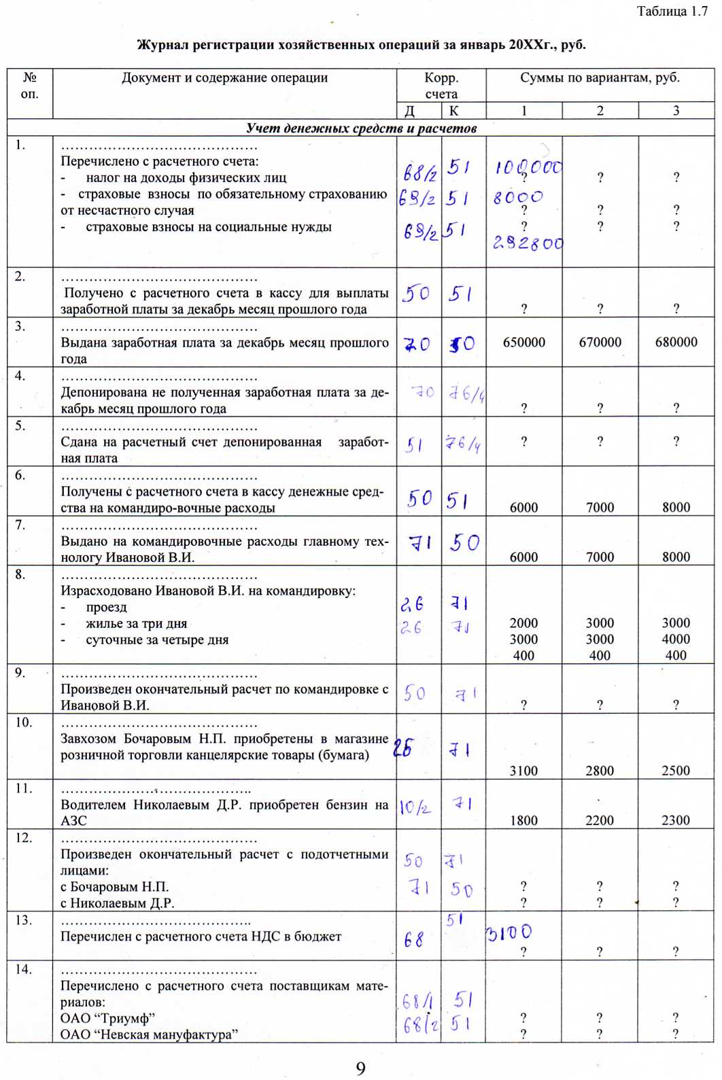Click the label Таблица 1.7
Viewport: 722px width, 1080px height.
tap(672, 12)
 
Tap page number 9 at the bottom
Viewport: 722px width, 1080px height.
tap(360, 1068)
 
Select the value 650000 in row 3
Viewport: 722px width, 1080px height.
tap(523, 343)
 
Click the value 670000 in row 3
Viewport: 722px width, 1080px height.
tap(600, 343)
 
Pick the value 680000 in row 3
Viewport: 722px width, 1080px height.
tap(676, 343)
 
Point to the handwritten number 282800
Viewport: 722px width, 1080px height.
tap(528, 243)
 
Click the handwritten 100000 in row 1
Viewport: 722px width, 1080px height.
tap(528, 167)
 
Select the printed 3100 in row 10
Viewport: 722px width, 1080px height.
tap(523, 771)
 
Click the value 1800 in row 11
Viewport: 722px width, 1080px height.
tap(523, 820)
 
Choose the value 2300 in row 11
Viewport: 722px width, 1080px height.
tap(676, 820)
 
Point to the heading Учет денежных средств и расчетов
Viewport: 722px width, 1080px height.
tap(361, 128)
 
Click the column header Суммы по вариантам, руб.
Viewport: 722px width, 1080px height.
tap(600, 78)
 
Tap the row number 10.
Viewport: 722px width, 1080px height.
tap(24, 722)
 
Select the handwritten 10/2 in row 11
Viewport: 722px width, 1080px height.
tap(415, 807)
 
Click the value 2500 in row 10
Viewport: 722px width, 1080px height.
tap(676, 771)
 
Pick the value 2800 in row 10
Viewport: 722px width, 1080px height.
tap(600, 771)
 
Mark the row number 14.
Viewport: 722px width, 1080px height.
tap(24, 969)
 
